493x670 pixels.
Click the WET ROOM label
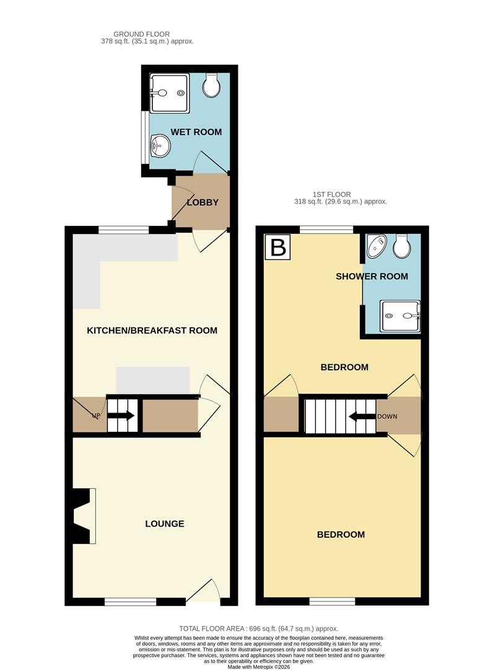[196, 132]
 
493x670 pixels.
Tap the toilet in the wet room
[212, 87]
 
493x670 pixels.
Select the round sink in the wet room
[159, 148]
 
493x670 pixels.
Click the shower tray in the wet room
[168, 93]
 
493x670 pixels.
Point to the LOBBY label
[203, 202]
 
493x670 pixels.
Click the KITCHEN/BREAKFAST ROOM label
[152, 330]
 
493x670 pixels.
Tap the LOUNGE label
[165, 524]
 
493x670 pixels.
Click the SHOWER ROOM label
[372, 276]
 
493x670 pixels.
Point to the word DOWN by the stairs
[387, 417]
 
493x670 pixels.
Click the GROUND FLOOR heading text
[141, 34]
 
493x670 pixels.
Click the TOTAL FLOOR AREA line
[259, 628]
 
